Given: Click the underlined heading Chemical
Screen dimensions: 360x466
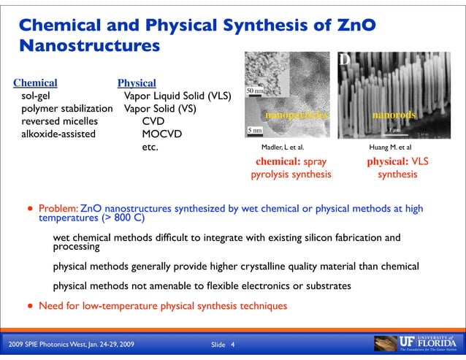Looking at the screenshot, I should point(35,83).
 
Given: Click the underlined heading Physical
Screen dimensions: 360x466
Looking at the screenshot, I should point(137,83).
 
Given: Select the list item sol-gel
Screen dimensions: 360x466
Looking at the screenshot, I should point(36,96).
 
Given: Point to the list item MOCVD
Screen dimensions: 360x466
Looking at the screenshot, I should point(161,134).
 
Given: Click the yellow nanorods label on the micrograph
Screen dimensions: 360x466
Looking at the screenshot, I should point(394,115).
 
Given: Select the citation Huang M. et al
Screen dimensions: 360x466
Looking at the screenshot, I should point(391,147).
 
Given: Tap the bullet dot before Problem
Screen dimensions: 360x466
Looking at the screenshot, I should point(30,208).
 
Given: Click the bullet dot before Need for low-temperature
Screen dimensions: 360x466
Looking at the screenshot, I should point(30,305).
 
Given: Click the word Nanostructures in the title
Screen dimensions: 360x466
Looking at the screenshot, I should point(89,47).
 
